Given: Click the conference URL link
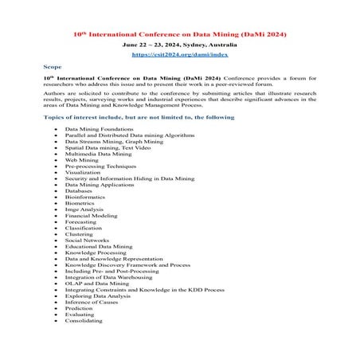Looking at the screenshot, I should pyautogui.click(x=179, y=55).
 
